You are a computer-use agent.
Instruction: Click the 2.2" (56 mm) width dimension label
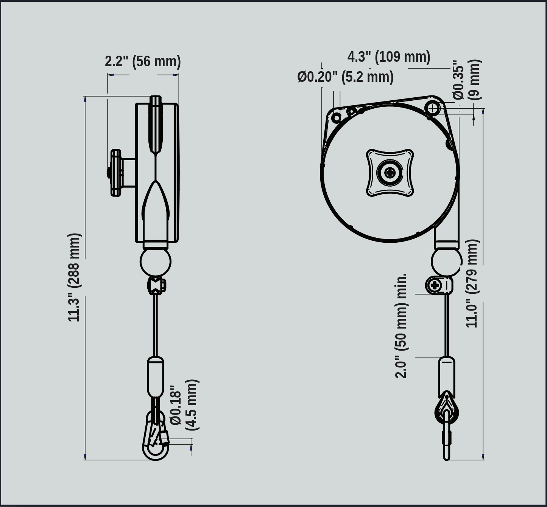tap(143, 61)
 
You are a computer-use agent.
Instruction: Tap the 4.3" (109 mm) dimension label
tap(389, 57)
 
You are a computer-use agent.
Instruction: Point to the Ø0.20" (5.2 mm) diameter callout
tap(345, 77)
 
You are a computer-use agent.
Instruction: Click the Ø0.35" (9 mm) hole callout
tap(467, 80)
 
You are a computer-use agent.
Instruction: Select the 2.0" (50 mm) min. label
tap(402, 326)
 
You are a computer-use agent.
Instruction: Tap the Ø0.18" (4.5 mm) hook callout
tap(184, 405)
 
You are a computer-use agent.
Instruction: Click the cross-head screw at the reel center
tap(390, 173)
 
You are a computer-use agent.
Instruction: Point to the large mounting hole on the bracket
tap(433, 108)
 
